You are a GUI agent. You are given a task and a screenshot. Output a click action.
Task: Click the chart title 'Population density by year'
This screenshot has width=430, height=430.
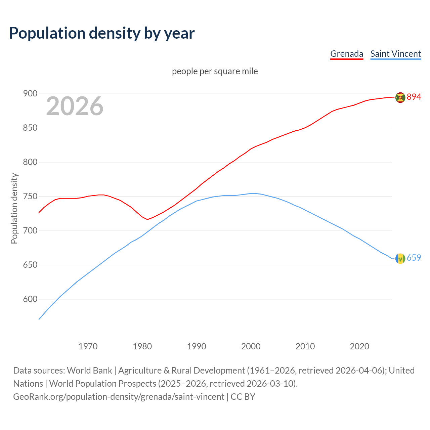coord(102,33)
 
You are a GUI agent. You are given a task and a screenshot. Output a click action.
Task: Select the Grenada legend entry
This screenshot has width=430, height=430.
coord(347,54)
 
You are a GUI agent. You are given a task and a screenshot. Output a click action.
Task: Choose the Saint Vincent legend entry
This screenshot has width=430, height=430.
coord(395,54)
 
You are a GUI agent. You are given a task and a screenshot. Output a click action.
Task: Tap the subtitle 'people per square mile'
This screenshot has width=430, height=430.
coord(215,71)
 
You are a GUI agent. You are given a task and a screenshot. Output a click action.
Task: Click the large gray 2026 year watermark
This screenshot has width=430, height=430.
coord(75,106)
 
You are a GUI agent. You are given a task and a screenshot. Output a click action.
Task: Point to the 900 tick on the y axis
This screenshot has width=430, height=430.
coord(30,94)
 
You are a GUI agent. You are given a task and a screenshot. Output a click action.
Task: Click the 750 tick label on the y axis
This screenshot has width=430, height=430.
coord(30,197)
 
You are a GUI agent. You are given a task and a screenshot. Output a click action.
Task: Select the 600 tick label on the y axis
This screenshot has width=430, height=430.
coord(30,299)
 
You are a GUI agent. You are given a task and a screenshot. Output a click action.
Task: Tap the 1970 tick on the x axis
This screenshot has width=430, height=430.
coord(88,346)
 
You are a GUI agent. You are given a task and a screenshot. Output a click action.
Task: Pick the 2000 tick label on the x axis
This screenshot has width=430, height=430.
coord(251,346)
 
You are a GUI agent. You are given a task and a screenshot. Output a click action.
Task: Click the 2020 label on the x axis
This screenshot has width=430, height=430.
coord(359,346)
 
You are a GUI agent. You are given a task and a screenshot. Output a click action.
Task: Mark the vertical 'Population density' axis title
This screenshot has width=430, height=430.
coord(14,208)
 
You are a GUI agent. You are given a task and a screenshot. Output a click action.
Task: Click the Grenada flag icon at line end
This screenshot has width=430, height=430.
coord(400,97)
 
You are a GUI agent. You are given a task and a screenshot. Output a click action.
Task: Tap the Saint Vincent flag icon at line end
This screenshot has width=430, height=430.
coord(400,258)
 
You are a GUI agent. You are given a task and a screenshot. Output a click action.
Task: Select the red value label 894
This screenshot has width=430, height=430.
coord(414,97)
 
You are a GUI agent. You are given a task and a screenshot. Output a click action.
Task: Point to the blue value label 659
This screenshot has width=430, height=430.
coord(414,258)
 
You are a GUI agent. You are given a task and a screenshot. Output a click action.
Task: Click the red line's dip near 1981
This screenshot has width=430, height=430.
coord(147,219)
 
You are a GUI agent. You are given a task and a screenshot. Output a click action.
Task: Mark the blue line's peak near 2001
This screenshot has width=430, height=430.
coord(254,193)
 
